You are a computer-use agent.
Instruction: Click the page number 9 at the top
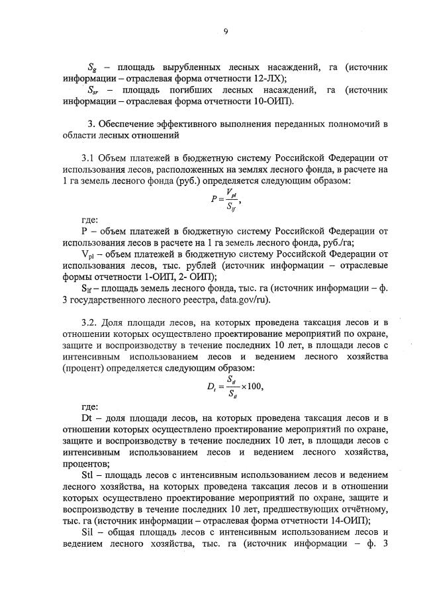(225, 30)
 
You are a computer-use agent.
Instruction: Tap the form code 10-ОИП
(274, 101)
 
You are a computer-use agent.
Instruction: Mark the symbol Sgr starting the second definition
(94, 90)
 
